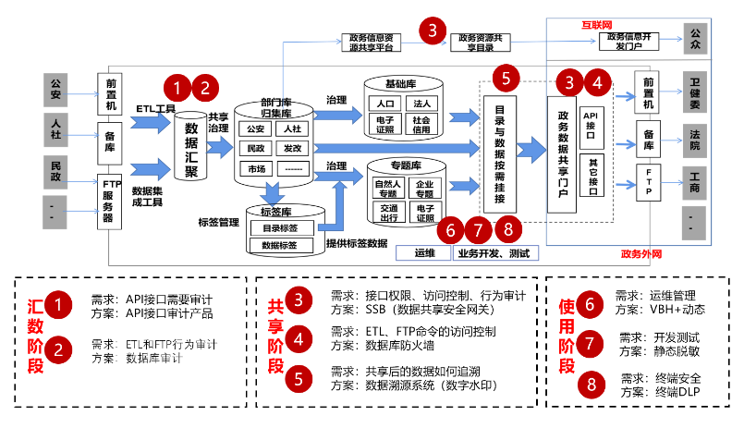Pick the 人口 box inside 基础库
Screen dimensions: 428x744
[387, 104]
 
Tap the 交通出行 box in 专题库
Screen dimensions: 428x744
[386, 213]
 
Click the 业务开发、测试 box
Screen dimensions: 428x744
[497, 251]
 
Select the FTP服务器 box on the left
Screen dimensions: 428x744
[112, 198]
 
